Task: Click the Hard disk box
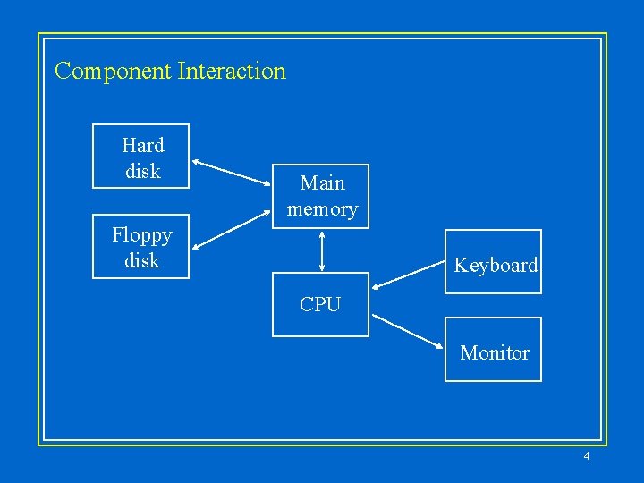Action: click(141, 157)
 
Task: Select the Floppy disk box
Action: click(141, 247)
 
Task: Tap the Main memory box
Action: click(320, 197)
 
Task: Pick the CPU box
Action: click(320, 304)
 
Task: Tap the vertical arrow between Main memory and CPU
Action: click(320, 250)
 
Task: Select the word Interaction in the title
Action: click(232, 72)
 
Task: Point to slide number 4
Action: click(586, 457)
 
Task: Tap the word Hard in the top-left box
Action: click(143, 145)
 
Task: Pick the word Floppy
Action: click(141, 235)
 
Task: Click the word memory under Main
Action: click(322, 209)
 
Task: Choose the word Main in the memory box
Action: click(322, 183)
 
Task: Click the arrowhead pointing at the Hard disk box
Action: click(198, 162)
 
